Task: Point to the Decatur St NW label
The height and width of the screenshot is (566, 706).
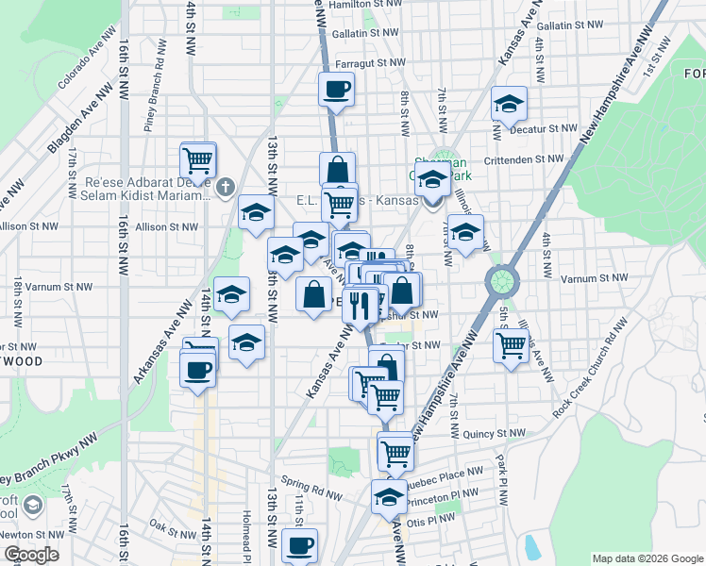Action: [x=542, y=128]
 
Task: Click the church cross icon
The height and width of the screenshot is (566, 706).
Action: [x=225, y=188]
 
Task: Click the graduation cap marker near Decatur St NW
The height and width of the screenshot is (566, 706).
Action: [x=509, y=105]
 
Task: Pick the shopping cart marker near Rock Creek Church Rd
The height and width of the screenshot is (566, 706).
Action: [x=511, y=345]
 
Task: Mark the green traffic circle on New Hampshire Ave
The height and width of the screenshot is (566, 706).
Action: [x=503, y=280]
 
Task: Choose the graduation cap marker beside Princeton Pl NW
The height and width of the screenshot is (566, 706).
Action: [x=388, y=497]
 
